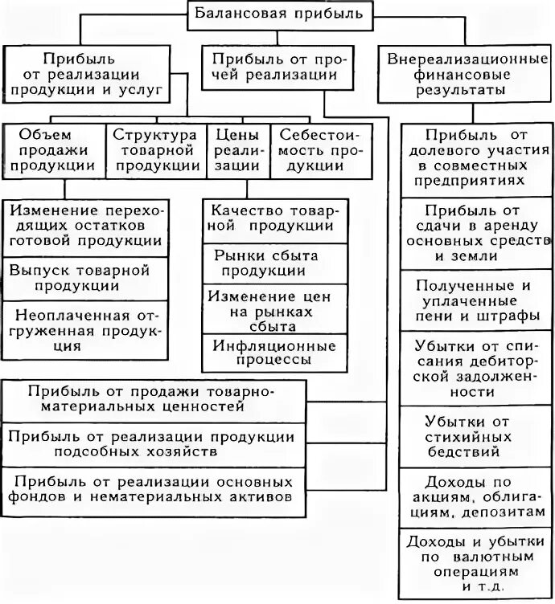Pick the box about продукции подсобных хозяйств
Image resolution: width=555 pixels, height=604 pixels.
pyautogui.click(x=154, y=444)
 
